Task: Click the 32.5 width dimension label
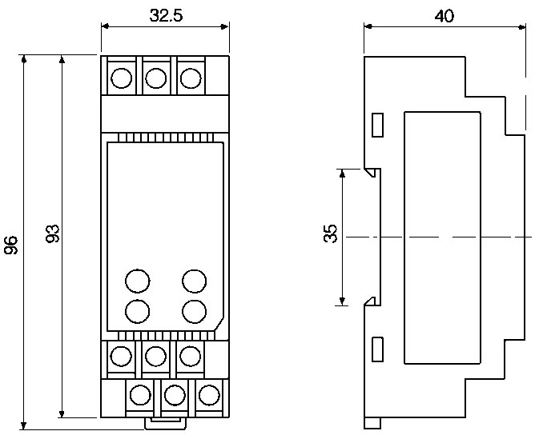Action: click(x=166, y=14)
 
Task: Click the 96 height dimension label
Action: click(x=11, y=245)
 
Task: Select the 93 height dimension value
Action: click(x=52, y=234)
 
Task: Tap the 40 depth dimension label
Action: click(x=444, y=14)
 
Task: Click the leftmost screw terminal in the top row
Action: click(x=121, y=78)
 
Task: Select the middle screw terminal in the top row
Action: click(x=155, y=78)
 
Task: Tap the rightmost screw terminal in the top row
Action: click(x=190, y=78)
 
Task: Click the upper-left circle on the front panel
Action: click(x=138, y=281)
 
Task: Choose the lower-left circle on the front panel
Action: click(x=138, y=309)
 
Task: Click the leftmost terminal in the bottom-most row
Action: click(x=141, y=395)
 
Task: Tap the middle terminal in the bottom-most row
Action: click(x=175, y=395)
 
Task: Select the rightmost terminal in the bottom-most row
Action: click(x=208, y=395)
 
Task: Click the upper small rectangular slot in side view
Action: click(x=378, y=125)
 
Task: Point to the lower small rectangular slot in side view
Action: click(x=378, y=349)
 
